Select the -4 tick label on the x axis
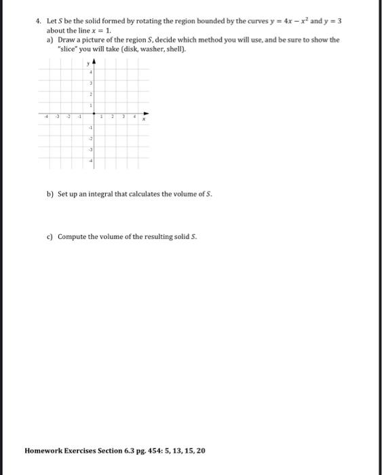pos(45,117)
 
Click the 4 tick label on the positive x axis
pos(135,117)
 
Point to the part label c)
pos(50,237)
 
